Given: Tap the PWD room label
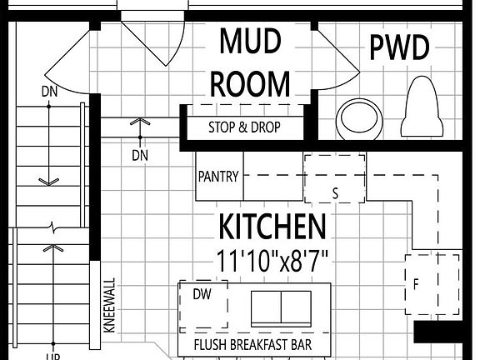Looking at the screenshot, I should pos(399,47).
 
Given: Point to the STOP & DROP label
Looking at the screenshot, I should pos(243,127).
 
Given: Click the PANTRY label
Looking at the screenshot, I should pos(218,177).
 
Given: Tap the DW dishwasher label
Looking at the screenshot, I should pos(201,294).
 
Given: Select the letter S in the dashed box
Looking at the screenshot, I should pos(335,193).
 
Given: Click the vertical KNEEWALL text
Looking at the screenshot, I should pos(110,306).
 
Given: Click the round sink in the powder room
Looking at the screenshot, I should pos(359,120).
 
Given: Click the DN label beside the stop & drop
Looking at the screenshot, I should pos(140,154).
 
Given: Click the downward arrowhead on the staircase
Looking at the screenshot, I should pos(50,179).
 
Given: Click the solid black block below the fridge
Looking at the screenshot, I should pos(442,332).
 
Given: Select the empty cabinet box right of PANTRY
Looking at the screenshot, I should pos(273,177).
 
